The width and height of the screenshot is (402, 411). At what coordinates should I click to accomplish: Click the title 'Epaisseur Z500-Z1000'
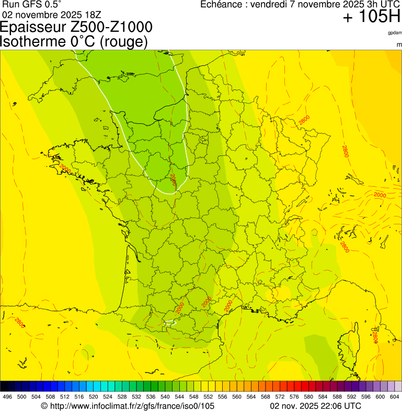coord(77,27)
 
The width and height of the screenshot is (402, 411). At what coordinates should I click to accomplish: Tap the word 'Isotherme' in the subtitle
coord(37,41)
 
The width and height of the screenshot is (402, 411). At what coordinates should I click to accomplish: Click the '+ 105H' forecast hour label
coord(371,17)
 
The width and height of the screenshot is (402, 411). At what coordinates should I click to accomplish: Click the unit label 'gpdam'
coord(395,33)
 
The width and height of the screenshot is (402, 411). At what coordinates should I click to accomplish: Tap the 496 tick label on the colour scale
coord(7,397)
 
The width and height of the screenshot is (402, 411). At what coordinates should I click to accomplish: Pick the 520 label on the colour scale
coord(93,397)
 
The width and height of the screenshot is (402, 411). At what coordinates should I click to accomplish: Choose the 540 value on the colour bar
coord(165,397)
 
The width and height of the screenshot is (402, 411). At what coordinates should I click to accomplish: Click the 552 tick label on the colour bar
coord(208,397)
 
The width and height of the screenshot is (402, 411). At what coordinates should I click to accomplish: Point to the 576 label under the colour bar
coord(294,397)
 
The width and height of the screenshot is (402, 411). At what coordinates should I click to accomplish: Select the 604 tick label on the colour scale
coord(394,397)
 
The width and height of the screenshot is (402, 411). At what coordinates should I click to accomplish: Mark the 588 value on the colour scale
coord(337,397)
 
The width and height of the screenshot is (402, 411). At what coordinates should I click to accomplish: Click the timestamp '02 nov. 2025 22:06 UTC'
coord(315,406)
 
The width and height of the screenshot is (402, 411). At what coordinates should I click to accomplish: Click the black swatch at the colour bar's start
coord(4,386)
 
